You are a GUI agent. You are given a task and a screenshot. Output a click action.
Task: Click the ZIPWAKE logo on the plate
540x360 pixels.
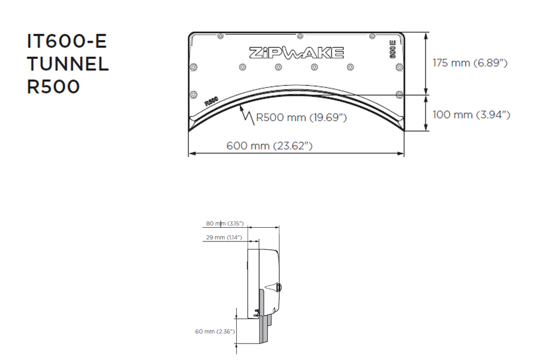point(296,53)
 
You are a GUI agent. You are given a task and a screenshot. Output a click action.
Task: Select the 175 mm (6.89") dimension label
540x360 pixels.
point(470,63)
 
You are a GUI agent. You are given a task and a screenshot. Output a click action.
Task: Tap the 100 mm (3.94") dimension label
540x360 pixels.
point(471,114)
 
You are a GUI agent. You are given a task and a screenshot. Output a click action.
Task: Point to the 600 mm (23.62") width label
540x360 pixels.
point(269,145)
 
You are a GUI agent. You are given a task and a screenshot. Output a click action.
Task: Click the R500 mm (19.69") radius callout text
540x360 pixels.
point(301,118)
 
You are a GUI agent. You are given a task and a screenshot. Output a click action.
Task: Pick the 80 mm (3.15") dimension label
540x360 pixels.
point(225,223)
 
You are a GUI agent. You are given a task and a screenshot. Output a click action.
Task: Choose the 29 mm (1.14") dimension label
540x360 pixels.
point(224,237)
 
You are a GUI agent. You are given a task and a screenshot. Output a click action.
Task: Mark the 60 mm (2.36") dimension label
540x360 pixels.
point(215,332)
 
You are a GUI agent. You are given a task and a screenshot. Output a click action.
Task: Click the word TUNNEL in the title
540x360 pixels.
point(68,64)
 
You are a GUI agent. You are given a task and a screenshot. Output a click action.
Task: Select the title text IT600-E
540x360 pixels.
point(67,41)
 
